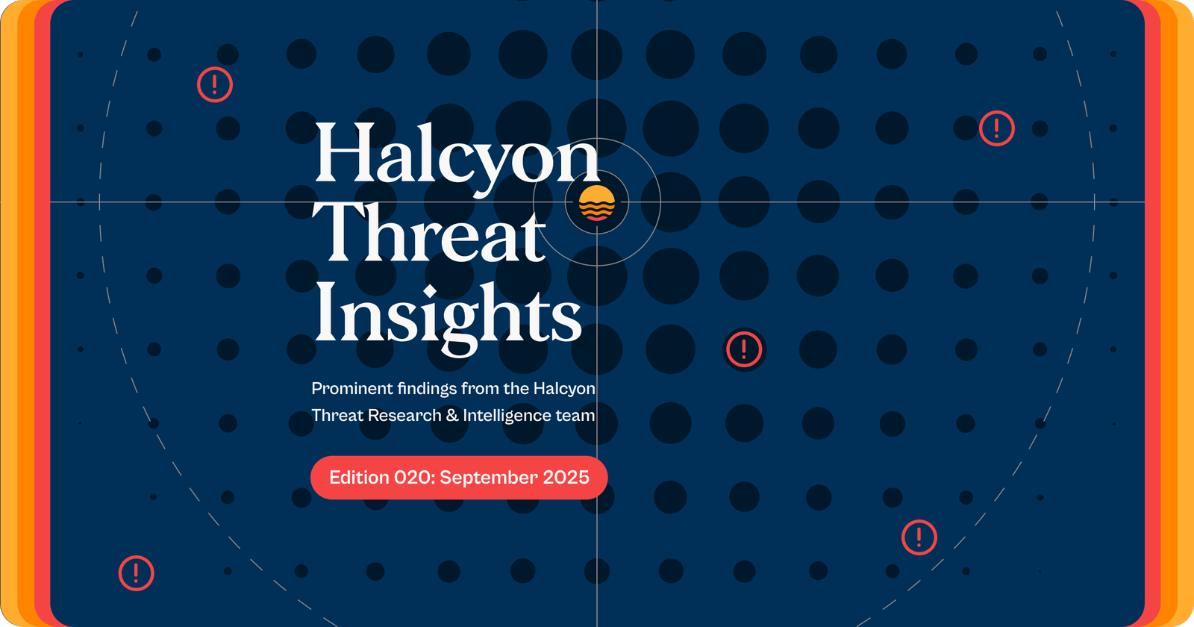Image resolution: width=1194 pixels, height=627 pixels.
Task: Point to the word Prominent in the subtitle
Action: (351, 389)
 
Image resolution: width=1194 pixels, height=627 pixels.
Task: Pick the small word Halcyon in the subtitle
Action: (564, 389)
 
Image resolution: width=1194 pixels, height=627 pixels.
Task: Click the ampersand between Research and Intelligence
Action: (452, 416)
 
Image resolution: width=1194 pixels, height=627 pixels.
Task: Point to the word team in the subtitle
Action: (575, 416)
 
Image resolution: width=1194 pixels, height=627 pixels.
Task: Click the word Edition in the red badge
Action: (360, 478)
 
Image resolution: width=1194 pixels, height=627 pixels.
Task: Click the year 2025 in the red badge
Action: (566, 478)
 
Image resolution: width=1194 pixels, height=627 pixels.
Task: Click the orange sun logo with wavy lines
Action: (597, 203)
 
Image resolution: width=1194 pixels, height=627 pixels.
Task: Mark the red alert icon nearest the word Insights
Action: (744, 349)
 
